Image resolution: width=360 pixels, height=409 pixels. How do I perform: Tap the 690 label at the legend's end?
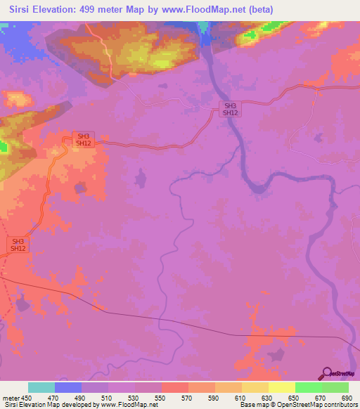pyautogui.click(x=347, y=398)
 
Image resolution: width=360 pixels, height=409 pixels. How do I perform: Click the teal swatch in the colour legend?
pyautogui.click(x=41, y=388)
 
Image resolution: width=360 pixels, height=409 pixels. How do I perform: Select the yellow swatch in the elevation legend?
pyautogui.click(x=282, y=388)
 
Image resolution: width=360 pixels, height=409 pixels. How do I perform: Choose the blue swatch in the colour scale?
pyautogui.click(x=68, y=388)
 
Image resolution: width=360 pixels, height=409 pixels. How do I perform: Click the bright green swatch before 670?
pyautogui.click(x=309, y=388)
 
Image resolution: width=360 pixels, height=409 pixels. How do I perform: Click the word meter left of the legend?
pyautogui.click(x=12, y=398)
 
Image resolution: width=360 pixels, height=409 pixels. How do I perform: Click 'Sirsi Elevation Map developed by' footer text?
pyautogui.click(x=49, y=405)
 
